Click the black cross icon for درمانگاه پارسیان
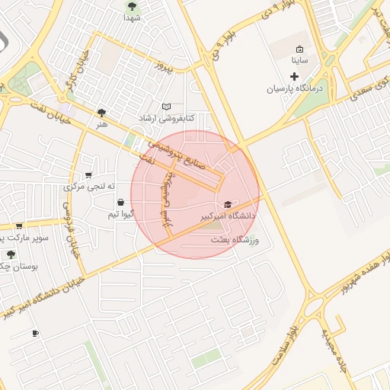point(295,76)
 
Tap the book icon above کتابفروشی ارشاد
point(167,107)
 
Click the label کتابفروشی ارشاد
point(167,119)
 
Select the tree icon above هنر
point(102,112)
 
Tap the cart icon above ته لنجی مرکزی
point(89,175)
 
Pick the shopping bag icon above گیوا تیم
point(121,202)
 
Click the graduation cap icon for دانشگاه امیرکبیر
point(228,204)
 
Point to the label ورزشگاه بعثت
point(236,240)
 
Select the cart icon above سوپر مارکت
point(18,226)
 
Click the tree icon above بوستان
point(11,254)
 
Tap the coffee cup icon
point(35,334)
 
